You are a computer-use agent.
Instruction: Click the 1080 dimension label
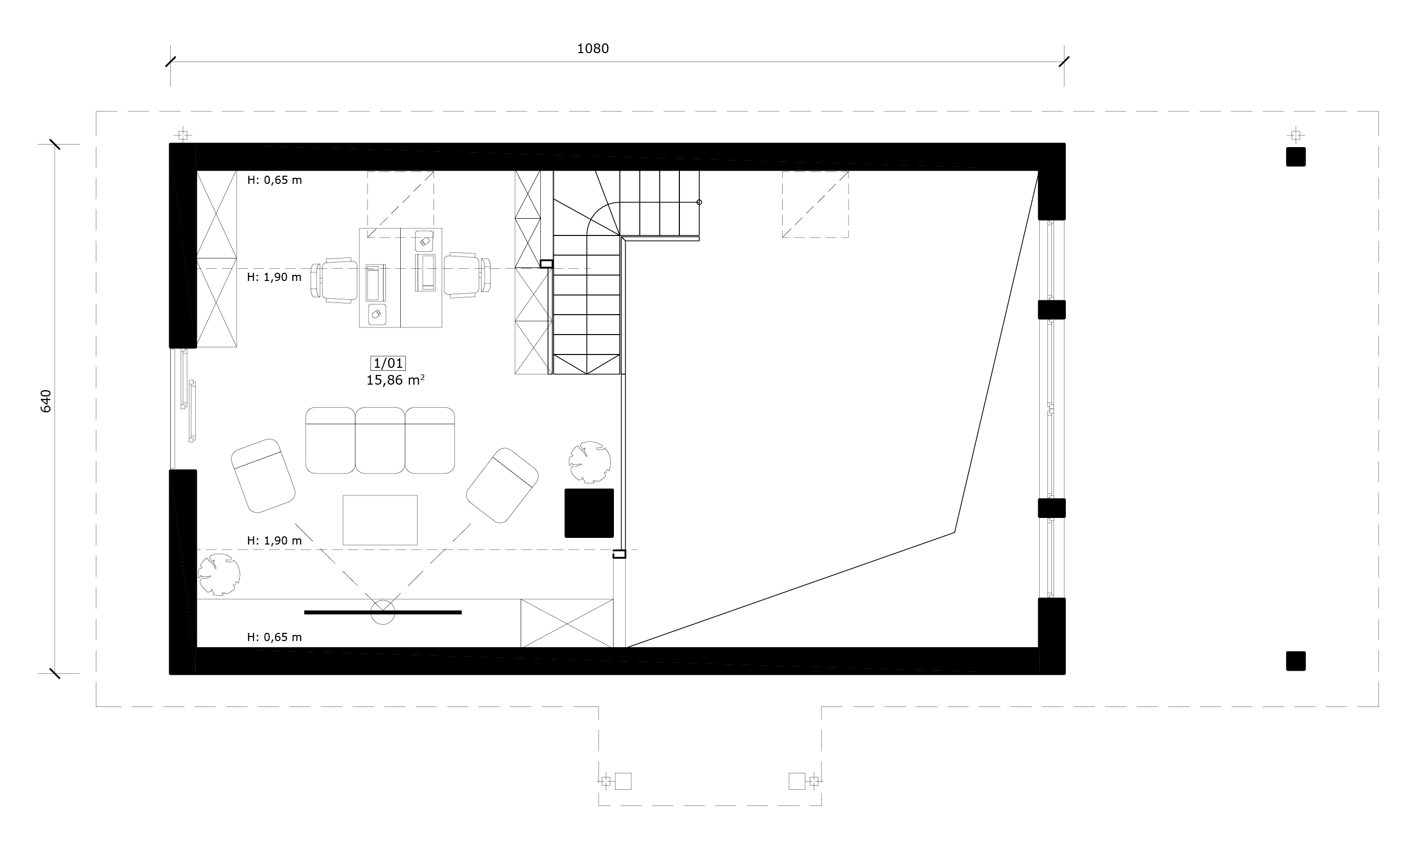point(592,49)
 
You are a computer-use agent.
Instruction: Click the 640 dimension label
point(46,401)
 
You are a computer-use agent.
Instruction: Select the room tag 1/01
point(388,363)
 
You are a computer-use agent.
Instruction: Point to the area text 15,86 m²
point(395,380)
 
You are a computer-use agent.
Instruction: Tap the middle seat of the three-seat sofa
point(380,440)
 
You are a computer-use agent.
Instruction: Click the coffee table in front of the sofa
point(380,520)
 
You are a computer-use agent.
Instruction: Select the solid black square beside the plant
point(589,513)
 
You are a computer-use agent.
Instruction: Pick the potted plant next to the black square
point(590,462)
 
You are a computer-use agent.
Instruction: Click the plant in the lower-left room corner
point(219,575)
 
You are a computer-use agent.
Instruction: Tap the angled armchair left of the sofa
point(263,476)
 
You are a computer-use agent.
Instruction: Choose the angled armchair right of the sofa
point(502,485)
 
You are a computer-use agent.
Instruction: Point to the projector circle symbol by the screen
point(383,612)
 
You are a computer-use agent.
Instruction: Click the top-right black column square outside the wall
point(1296,156)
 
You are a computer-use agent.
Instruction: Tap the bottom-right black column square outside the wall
point(1296,660)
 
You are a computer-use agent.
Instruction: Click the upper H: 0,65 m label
point(274,180)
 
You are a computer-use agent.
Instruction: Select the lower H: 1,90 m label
point(274,541)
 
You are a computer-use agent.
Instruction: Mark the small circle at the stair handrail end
point(699,202)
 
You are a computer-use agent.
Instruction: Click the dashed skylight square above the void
point(815,204)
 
